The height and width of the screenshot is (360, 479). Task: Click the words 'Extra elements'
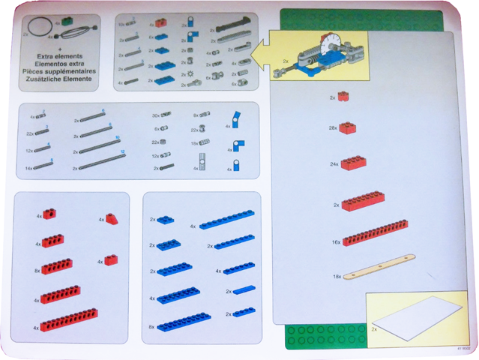click(x=58, y=58)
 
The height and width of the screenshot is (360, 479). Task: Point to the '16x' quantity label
click(x=337, y=241)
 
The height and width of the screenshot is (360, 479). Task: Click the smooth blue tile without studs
click(x=244, y=290)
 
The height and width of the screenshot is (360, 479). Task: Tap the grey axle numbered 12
click(x=97, y=163)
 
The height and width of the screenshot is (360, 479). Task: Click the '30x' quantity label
click(x=156, y=115)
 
